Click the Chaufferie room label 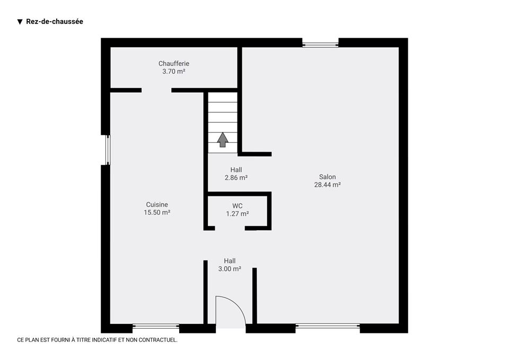174,64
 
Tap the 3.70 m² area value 174,72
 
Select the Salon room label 327,177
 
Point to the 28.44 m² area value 327,185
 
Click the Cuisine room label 157,205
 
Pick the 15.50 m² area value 157,212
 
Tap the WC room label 238,206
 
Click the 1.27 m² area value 238,214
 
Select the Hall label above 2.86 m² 236,170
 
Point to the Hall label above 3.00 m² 230,261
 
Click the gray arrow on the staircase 222,140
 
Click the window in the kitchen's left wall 108,150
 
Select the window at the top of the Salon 320,43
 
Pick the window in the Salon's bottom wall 328,326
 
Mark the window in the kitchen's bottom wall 156,326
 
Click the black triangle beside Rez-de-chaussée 20,22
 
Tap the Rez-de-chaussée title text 55,21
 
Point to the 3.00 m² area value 230,269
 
